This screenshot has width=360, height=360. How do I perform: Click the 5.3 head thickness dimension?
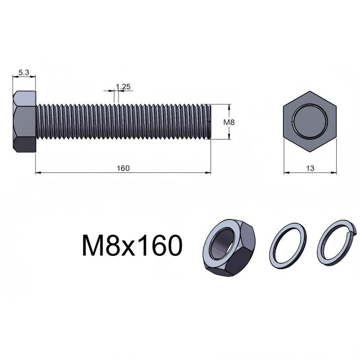24,73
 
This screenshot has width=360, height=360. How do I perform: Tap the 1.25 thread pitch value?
123,87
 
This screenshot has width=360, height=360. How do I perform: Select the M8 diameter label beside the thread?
229,122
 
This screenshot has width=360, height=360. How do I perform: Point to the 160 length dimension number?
123,168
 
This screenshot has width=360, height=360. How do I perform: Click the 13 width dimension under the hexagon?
310,168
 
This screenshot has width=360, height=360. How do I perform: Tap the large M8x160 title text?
132,245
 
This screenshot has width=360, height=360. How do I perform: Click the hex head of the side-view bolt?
24,121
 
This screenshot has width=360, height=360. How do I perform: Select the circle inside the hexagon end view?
310,121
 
